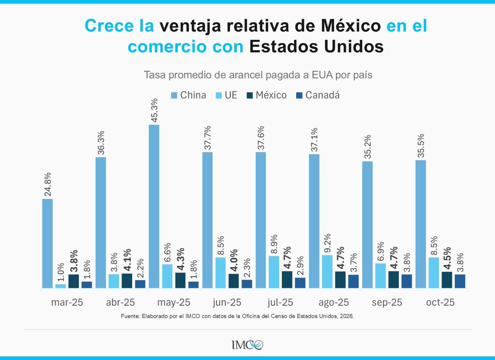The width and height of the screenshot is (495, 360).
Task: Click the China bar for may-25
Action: [154, 206]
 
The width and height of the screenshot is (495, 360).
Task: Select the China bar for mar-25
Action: [47, 243]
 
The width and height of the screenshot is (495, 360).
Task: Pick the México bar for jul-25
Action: [287, 280]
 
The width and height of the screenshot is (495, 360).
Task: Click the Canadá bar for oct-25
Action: [460, 281]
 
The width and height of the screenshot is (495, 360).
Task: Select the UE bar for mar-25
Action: [61, 286]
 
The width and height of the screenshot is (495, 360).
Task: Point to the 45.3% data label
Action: [154, 109]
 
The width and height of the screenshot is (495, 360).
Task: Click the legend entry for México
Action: [270, 95]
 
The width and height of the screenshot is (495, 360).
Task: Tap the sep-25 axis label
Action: [387, 302]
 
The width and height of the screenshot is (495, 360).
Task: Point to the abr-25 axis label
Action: [120, 302]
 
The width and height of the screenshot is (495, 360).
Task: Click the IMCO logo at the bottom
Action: [247, 343]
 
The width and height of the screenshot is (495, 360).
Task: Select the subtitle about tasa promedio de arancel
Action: [247, 75]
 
